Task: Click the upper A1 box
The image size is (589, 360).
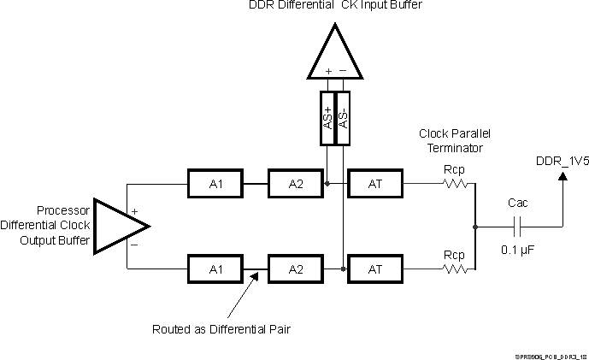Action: [215, 183]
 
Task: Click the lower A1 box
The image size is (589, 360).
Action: [215, 269]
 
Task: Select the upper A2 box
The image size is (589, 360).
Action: [296, 183]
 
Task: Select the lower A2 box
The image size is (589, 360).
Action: [296, 269]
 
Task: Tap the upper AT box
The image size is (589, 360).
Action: [374, 183]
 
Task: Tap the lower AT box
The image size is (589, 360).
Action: [374, 269]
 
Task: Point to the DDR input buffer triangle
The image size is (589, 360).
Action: [334, 51]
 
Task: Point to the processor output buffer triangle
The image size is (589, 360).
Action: [118, 226]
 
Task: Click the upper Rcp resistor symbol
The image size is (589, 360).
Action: [454, 183]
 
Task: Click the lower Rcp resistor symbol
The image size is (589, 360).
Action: [454, 269]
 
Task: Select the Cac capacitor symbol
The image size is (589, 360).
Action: [517, 226]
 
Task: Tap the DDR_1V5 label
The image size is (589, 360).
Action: [562, 159]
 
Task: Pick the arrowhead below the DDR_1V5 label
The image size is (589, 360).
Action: [562, 176]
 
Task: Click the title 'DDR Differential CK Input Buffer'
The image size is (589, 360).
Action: [334, 6]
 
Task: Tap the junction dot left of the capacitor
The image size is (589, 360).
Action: [475, 226]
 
